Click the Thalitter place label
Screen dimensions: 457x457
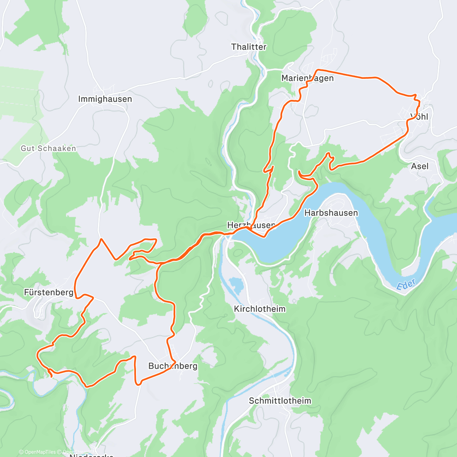coord(249,47)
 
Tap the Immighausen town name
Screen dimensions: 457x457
coord(105,99)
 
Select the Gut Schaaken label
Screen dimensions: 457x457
coord(48,149)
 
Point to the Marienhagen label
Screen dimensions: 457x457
coord(307,78)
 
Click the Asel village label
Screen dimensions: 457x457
coord(420,166)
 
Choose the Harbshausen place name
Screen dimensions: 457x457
coord(331,213)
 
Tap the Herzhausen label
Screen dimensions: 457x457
coord(251,225)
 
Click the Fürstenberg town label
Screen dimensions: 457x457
coord(48,292)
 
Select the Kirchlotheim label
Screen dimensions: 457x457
coord(260,309)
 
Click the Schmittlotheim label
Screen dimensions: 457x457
coord(280,401)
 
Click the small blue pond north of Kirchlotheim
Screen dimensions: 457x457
coord(236,285)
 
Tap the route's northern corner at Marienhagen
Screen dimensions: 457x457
coord(318,70)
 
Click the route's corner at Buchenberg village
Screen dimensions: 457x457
coord(174,360)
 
